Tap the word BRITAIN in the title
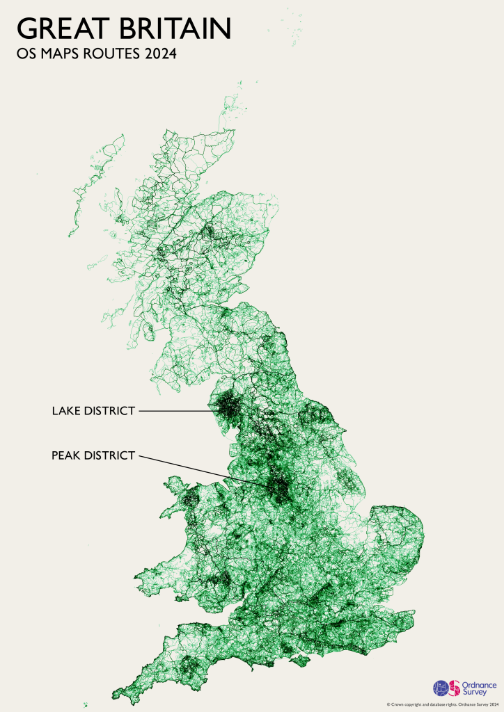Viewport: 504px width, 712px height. pos(179,29)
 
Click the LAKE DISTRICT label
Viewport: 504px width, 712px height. pos(93,411)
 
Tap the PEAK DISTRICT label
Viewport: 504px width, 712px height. pos(93,456)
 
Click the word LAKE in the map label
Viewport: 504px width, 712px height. pos(66,411)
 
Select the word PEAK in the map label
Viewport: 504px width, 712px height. pos(67,456)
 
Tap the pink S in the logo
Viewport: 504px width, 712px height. pos(455,687)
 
